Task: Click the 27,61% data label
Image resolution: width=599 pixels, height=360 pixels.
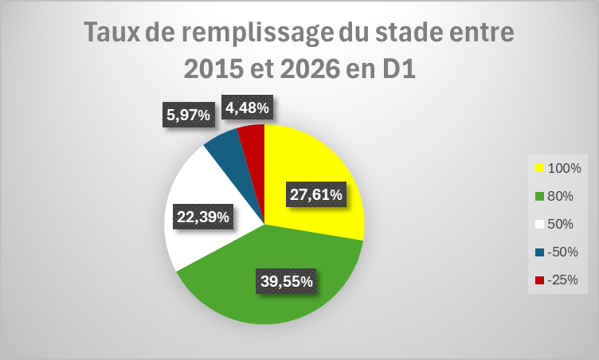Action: point(316,194)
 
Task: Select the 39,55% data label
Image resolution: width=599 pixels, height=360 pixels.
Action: point(287,281)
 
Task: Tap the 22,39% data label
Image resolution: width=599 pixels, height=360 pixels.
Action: point(203,217)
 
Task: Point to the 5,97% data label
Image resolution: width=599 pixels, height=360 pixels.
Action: point(188,115)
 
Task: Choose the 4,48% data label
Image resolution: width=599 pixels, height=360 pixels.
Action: point(247,108)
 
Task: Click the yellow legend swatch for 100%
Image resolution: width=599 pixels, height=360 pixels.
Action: point(539,168)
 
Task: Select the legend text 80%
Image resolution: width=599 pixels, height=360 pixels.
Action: point(560,196)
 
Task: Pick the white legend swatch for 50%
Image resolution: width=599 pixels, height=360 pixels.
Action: point(539,225)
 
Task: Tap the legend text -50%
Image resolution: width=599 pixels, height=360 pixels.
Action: point(562,252)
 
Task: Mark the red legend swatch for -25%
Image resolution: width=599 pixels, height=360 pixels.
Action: point(539,280)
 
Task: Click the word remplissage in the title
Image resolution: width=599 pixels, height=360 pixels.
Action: point(257,33)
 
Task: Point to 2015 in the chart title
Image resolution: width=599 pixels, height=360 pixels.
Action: point(213,69)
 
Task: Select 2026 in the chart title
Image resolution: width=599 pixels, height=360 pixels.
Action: point(310,69)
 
